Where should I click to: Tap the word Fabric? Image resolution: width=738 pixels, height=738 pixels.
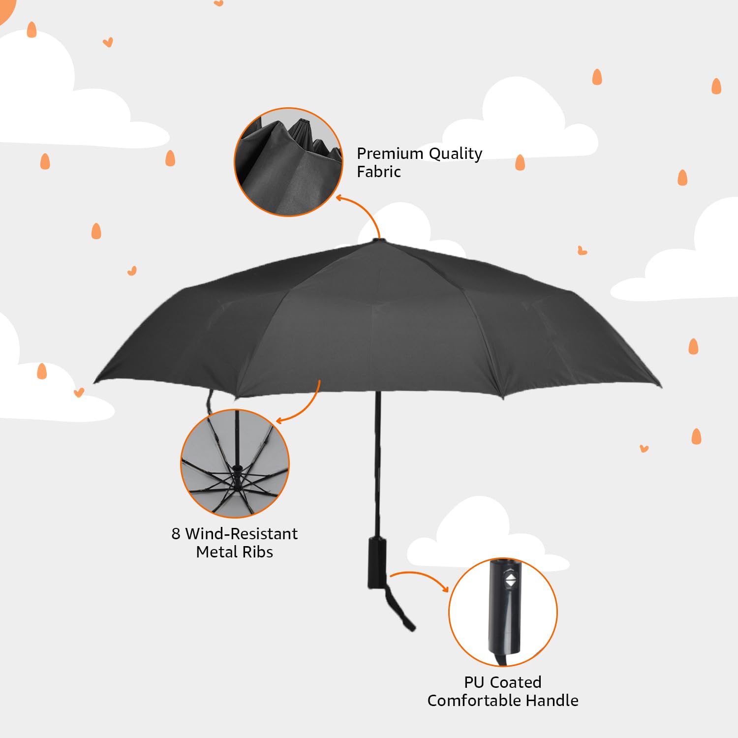pos(378,172)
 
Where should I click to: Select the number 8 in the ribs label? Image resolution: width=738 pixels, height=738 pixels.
pos(176,534)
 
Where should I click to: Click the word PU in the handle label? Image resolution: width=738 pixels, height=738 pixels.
pos(474,682)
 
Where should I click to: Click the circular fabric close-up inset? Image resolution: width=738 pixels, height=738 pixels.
pos(289,162)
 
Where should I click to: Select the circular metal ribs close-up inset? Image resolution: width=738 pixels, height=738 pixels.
pos(235,463)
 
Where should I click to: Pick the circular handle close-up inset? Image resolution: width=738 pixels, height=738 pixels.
pos(502,612)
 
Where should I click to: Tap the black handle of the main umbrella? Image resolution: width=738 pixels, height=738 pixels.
pos(377,563)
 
